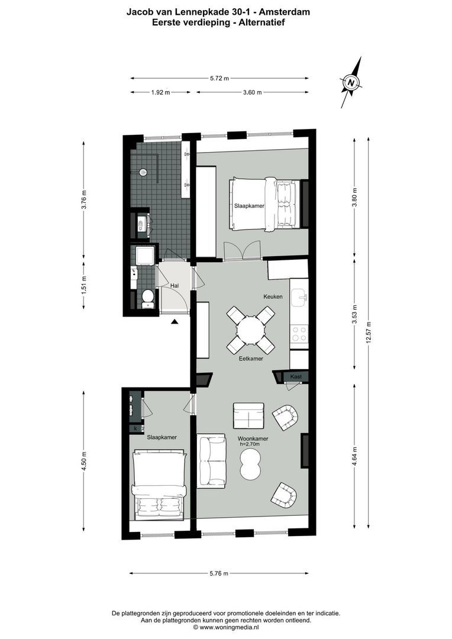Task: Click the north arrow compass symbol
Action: click(351, 83)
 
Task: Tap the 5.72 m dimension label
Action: click(219, 78)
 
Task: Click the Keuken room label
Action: click(274, 296)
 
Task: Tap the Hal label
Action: click(175, 285)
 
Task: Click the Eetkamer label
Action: click(251, 359)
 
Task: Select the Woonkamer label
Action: click(253, 438)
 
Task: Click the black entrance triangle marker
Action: click(175, 321)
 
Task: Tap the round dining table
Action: click(250, 330)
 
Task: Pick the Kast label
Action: click(295, 376)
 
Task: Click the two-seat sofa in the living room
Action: click(211, 461)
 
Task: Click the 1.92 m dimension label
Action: click(160, 92)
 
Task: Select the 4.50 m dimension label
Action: click(84, 460)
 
